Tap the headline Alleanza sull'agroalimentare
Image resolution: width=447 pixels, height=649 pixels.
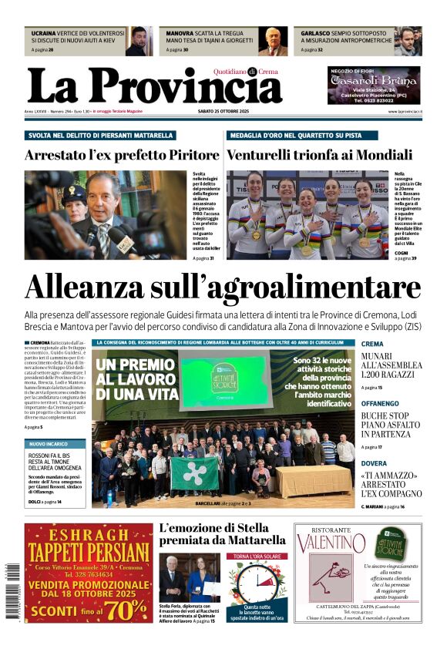point(223,288)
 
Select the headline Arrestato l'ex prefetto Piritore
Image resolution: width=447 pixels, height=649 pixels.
point(110,154)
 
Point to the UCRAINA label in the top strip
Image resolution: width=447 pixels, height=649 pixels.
point(44,34)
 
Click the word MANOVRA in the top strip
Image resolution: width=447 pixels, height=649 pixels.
point(180,34)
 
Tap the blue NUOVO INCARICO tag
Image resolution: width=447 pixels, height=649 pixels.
point(47,445)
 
